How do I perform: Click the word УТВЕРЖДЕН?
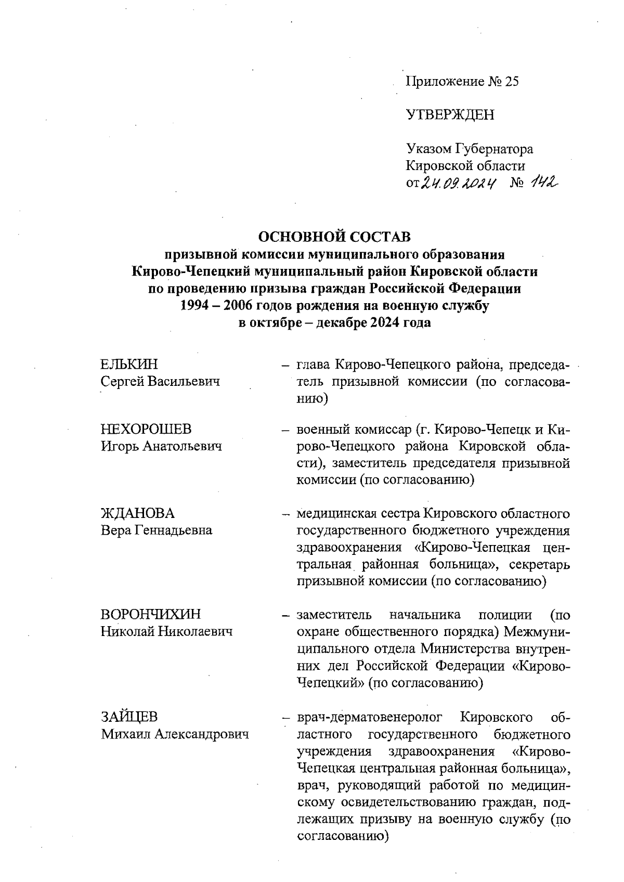[450, 115]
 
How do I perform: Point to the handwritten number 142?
[541, 181]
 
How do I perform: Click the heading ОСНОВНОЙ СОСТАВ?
[334, 237]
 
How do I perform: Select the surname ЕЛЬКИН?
[129, 364]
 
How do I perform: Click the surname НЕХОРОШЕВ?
[146, 429]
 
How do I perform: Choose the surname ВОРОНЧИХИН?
[151, 615]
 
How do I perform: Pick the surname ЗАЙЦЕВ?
[129, 717]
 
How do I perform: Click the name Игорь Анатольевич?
[162, 446]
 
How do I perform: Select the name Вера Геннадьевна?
[157, 530]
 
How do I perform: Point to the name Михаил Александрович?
[175, 734]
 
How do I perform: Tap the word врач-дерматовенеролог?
[370, 718]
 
